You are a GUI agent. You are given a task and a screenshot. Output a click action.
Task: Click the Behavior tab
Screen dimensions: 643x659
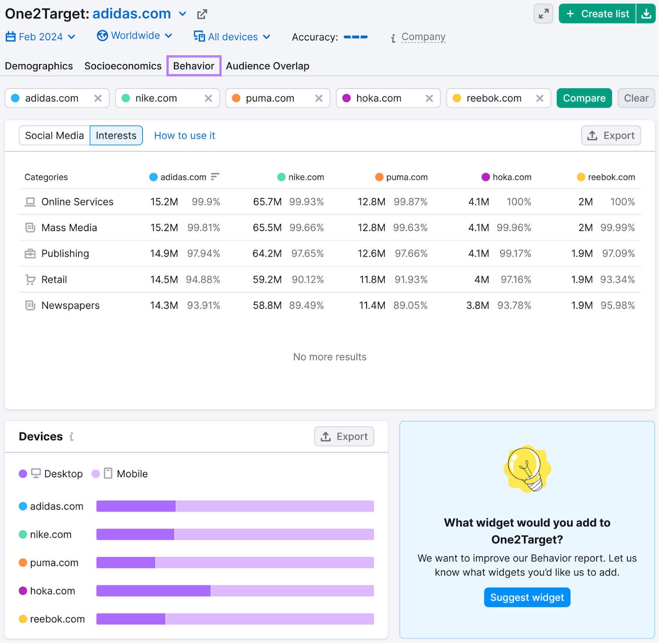coord(194,66)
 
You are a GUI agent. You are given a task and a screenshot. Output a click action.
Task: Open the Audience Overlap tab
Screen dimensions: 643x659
coord(267,66)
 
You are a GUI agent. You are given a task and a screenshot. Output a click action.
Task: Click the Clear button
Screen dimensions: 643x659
coord(636,98)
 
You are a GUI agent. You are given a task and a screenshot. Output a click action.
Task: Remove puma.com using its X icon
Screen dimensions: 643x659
coord(318,98)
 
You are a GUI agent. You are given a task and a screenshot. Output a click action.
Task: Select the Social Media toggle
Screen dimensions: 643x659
coord(54,136)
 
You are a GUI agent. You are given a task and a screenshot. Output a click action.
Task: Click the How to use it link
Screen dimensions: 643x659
coord(185,136)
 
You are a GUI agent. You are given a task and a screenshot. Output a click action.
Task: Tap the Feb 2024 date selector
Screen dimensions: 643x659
coord(40,37)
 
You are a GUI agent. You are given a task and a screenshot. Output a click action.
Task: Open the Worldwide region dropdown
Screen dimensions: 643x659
coord(134,36)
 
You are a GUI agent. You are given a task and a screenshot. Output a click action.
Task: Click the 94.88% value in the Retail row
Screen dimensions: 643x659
coord(203,279)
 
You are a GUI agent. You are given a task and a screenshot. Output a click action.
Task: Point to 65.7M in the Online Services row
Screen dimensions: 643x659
coord(267,202)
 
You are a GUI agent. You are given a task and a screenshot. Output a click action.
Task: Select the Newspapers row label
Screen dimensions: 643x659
coord(70,305)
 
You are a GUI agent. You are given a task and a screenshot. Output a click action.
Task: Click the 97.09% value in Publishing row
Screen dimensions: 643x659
coord(618,253)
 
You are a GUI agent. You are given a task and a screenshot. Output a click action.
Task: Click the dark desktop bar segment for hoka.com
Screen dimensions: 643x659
coord(153,591)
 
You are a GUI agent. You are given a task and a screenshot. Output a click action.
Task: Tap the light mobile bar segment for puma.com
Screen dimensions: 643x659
coord(264,563)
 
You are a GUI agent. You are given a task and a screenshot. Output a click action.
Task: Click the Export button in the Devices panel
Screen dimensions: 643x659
coord(344,436)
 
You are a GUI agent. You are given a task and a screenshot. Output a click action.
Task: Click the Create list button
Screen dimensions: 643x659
coord(597,14)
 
